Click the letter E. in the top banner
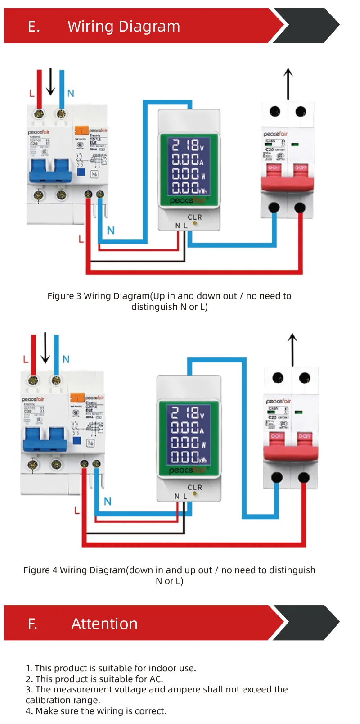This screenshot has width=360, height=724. click(x=34, y=27)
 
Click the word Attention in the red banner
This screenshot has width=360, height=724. click(x=104, y=624)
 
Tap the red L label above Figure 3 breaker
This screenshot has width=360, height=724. click(x=31, y=94)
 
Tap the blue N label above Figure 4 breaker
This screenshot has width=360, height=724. click(x=66, y=359)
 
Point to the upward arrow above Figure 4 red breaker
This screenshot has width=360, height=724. click(x=292, y=349)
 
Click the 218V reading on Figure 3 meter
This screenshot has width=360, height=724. click(x=188, y=145)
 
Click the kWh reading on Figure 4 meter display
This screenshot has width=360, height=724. click(x=189, y=457)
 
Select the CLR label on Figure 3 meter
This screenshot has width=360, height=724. click(x=195, y=217)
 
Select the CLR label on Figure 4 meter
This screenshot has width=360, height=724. click(x=195, y=488)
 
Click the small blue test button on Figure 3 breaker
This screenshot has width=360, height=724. click(x=81, y=172)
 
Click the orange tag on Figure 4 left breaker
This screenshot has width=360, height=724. click(x=77, y=398)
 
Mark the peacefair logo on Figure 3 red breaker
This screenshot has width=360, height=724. click(x=275, y=134)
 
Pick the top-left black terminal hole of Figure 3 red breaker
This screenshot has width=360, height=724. click(x=274, y=111)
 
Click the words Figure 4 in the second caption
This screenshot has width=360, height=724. click(x=40, y=570)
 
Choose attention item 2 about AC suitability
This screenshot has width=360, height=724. click(x=94, y=679)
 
